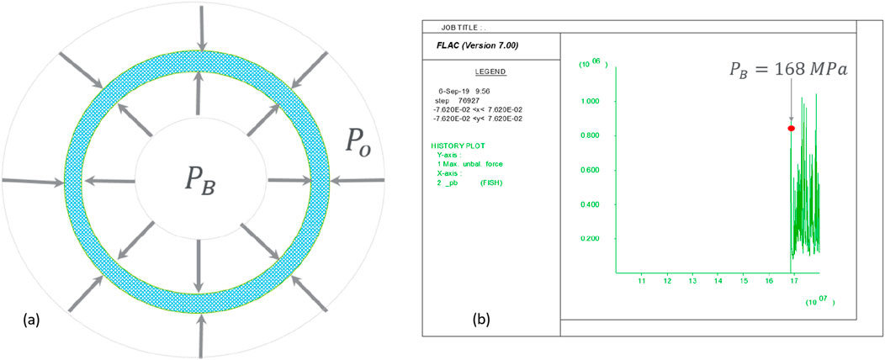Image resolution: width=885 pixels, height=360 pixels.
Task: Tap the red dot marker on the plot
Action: pyautogui.click(x=792, y=128)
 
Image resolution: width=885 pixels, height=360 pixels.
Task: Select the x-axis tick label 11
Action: pyautogui.click(x=642, y=280)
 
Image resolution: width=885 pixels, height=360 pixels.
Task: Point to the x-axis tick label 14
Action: pyautogui.click(x=718, y=280)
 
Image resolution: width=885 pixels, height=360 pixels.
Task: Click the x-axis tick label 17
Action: pyautogui.click(x=794, y=280)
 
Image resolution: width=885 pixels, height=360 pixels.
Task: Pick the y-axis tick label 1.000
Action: pyautogui.click(x=593, y=102)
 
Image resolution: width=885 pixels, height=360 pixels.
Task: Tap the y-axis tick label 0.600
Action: pyautogui.click(x=593, y=171)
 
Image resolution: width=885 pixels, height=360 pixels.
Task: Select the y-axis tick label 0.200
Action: pyautogui.click(x=593, y=239)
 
